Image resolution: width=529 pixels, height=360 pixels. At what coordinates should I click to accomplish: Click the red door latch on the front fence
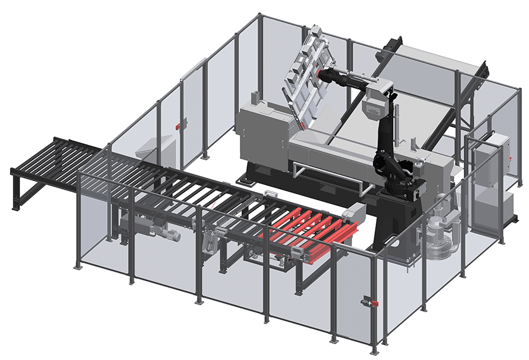(x=371, y=303)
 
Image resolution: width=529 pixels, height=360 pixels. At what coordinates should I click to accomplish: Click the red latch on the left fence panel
(x=178, y=125)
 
